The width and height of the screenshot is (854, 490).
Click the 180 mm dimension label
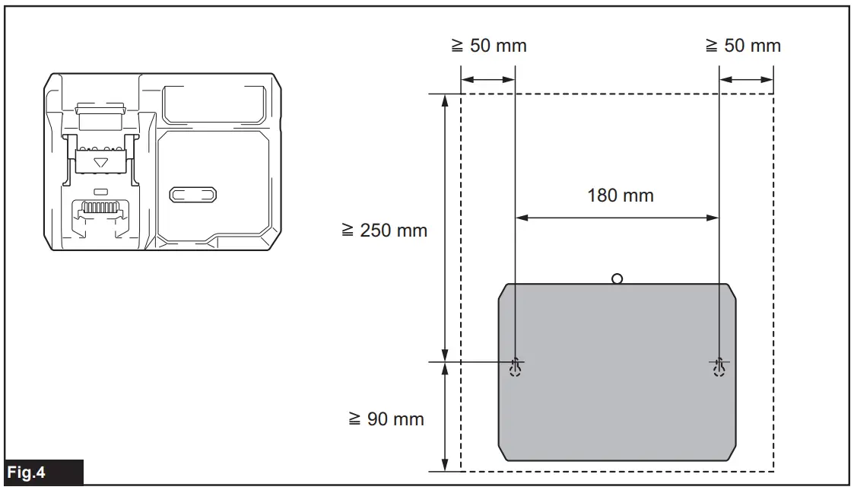click(620, 196)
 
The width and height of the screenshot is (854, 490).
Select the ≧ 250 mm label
click(385, 230)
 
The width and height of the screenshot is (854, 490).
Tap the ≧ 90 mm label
click(386, 419)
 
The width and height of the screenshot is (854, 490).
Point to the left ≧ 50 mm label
click(487, 46)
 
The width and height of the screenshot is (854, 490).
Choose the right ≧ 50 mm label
click(743, 46)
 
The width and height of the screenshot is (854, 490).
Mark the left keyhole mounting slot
click(516, 367)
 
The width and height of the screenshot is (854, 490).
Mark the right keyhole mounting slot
click(719, 367)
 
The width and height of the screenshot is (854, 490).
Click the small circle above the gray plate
click(617, 278)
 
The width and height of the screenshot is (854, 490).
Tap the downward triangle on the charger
click(100, 162)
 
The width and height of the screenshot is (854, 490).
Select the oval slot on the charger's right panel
click(193, 195)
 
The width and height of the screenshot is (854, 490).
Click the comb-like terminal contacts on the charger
click(100, 207)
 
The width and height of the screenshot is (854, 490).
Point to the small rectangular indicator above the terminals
click(100, 189)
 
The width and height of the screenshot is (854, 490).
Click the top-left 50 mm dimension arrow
click(488, 79)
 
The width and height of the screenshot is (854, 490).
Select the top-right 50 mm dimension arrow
click(746, 79)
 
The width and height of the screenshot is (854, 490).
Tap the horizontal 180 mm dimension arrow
click(617, 218)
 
